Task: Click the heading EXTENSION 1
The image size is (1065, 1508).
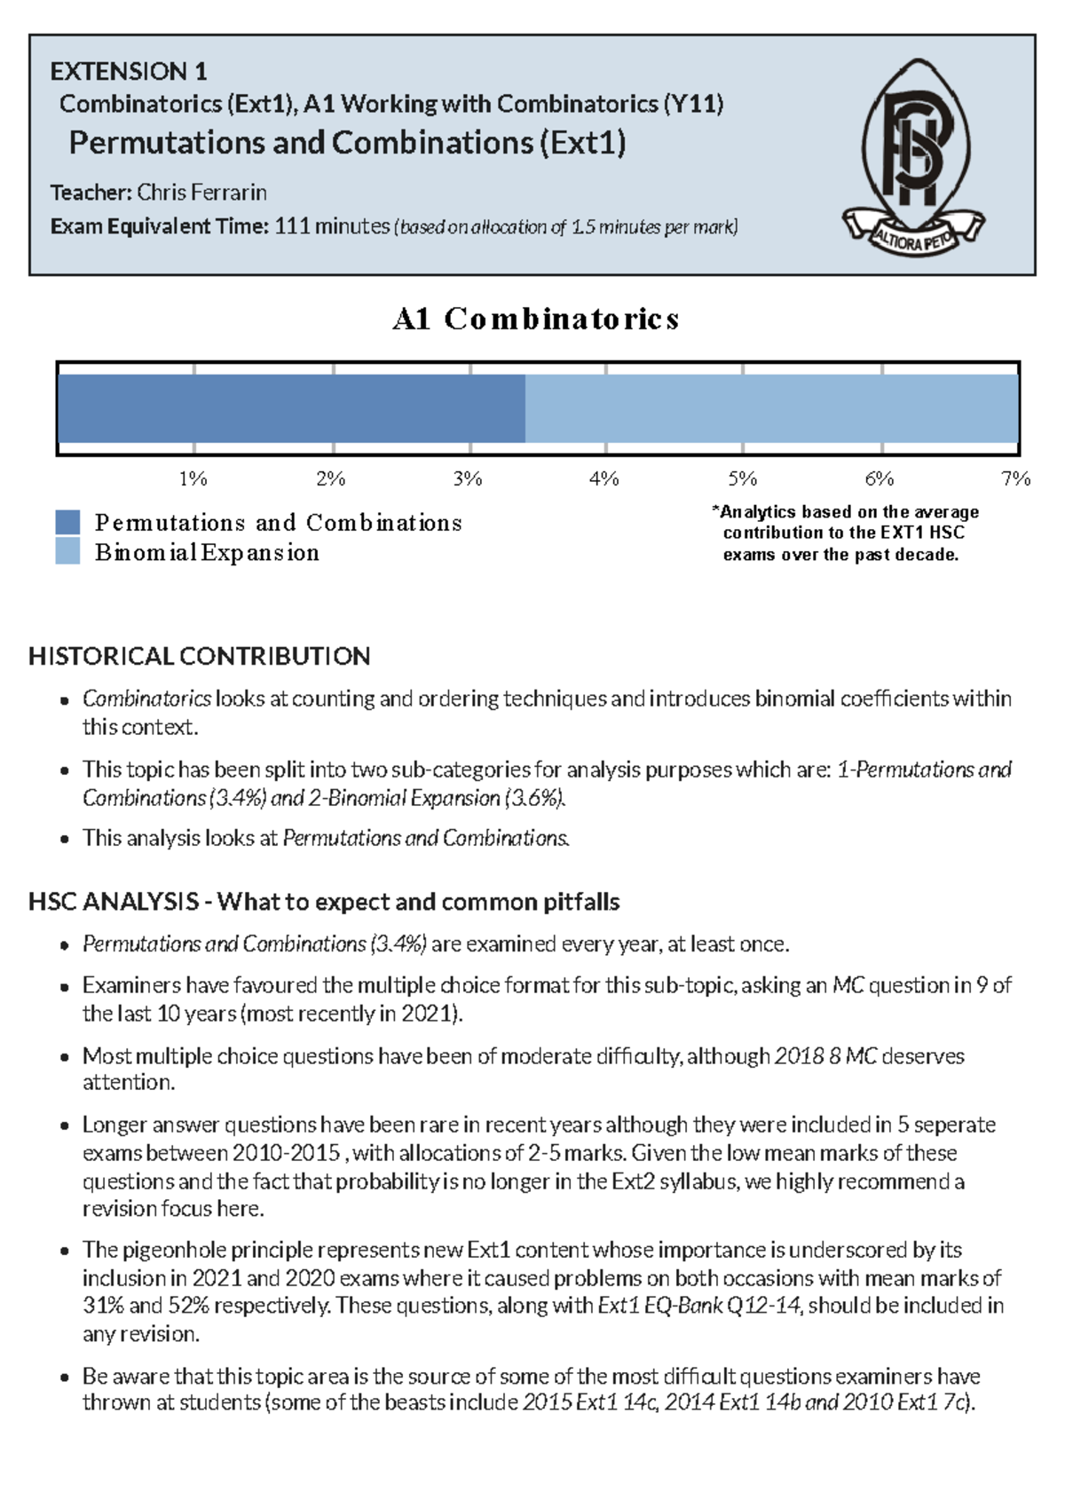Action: pyautogui.click(x=128, y=71)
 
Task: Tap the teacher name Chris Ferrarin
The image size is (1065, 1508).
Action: pyautogui.click(x=201, y=193)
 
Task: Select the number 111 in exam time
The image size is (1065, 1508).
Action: pyautogui.click(x=292, y=226)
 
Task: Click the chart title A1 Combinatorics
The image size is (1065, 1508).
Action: pyautogui.click(x=535, y=319)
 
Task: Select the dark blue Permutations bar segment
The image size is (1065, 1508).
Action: pyautogui.click(x=291, y=408)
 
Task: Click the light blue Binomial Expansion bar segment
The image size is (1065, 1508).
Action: pyautogui.click(x=770, y=408)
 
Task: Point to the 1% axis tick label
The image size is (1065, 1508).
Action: pyautogui.click(x=193, y=479)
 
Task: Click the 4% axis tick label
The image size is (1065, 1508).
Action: pyautogui.click(x=603, y=479)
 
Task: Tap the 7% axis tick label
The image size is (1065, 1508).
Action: pyautogui.click(x=1014, y=479)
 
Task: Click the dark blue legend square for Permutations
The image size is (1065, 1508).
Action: pyautogui.click(x=67, y=522)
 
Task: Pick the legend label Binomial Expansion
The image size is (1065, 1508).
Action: pyautogui.click(x=207, y=553)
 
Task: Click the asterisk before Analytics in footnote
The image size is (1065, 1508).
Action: pyautogui.click(x=715, y=510)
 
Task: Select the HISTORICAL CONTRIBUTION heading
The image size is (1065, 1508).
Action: pyautogui.click(x=199, y=657)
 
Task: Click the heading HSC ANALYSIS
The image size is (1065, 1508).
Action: pyautogui.click(x=114, y=903)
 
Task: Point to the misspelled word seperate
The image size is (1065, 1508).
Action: pyautogui.click(x=954, y=1125)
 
